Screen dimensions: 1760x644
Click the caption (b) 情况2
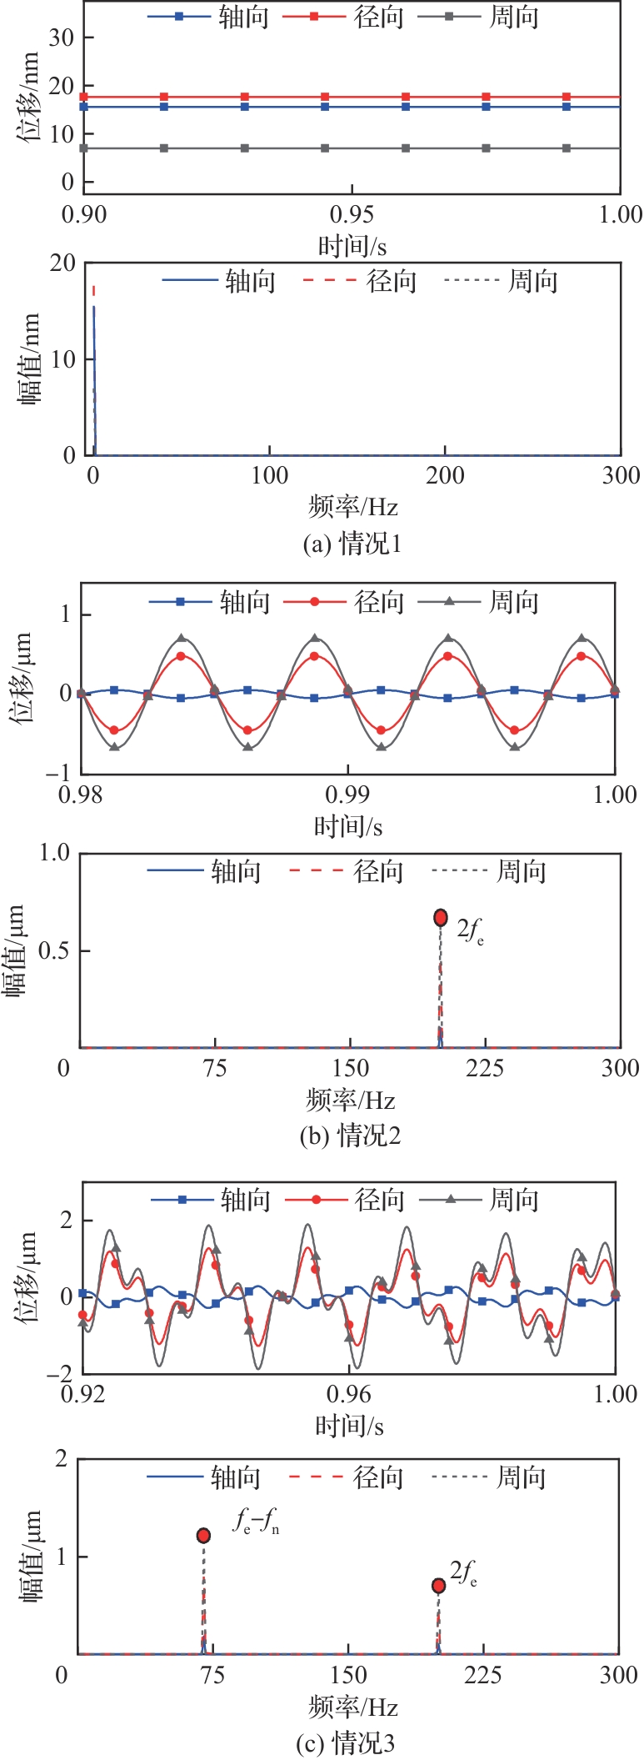[350, 1136]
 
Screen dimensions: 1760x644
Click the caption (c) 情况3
[346, 1742]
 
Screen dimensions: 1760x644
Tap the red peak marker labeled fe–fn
[203, 1536]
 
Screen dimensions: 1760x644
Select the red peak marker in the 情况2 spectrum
[441, 918]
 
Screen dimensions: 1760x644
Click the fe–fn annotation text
[256, 1523]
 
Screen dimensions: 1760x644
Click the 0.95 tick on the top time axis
[352, 215]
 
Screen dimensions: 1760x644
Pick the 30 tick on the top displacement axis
[61, 38]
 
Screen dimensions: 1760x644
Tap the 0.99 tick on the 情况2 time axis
[347, 795]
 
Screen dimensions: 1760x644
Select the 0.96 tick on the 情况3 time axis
[348, 1394]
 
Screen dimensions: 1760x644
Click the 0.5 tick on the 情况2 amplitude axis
[53, 951]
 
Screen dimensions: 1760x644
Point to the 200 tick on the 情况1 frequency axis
[445, 476]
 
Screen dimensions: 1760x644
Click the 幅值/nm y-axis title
[29, 359]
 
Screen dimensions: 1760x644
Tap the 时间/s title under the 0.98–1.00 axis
[348, 826]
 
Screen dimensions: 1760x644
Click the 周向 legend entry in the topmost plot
[489, 17]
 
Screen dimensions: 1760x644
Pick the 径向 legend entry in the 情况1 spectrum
[360, 281]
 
